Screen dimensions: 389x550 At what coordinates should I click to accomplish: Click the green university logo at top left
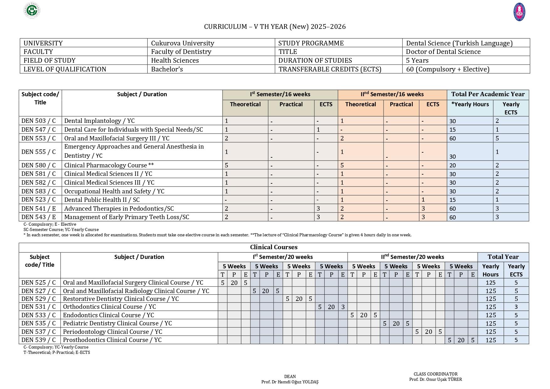(x=32, y=10)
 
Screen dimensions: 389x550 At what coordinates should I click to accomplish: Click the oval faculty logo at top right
(x=519, y=12)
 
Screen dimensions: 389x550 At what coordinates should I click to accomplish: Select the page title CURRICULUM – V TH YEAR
(x=275, y=27)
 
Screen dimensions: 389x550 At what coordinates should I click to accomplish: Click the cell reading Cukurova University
(x=182, y=43)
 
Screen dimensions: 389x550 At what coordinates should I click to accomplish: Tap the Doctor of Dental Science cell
(x=443, y=52)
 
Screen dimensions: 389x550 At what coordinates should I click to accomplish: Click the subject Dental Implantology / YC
(x=99, y=121)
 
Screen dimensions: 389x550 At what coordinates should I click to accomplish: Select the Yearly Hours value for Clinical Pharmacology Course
(x=452, y=166)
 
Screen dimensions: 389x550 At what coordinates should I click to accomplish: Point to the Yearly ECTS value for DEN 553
(x=497, y=138)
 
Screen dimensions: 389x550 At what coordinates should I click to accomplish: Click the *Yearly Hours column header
(x=470, y=104)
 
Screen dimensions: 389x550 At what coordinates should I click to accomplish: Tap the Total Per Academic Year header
(x=488, y=94)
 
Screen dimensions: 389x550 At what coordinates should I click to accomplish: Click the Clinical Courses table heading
(x=274, y=247)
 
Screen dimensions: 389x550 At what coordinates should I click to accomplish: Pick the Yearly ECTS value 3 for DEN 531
(x=516, y=307)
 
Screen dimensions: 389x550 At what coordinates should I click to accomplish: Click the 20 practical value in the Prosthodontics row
(x=461, y=340)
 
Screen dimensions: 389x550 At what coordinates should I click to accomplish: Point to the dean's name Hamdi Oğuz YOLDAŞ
(x=290, y=382)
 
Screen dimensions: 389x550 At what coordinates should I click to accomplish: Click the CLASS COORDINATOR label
(x=435, y=374)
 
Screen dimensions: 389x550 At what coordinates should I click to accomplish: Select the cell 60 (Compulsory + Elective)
(x=448, y=69)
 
